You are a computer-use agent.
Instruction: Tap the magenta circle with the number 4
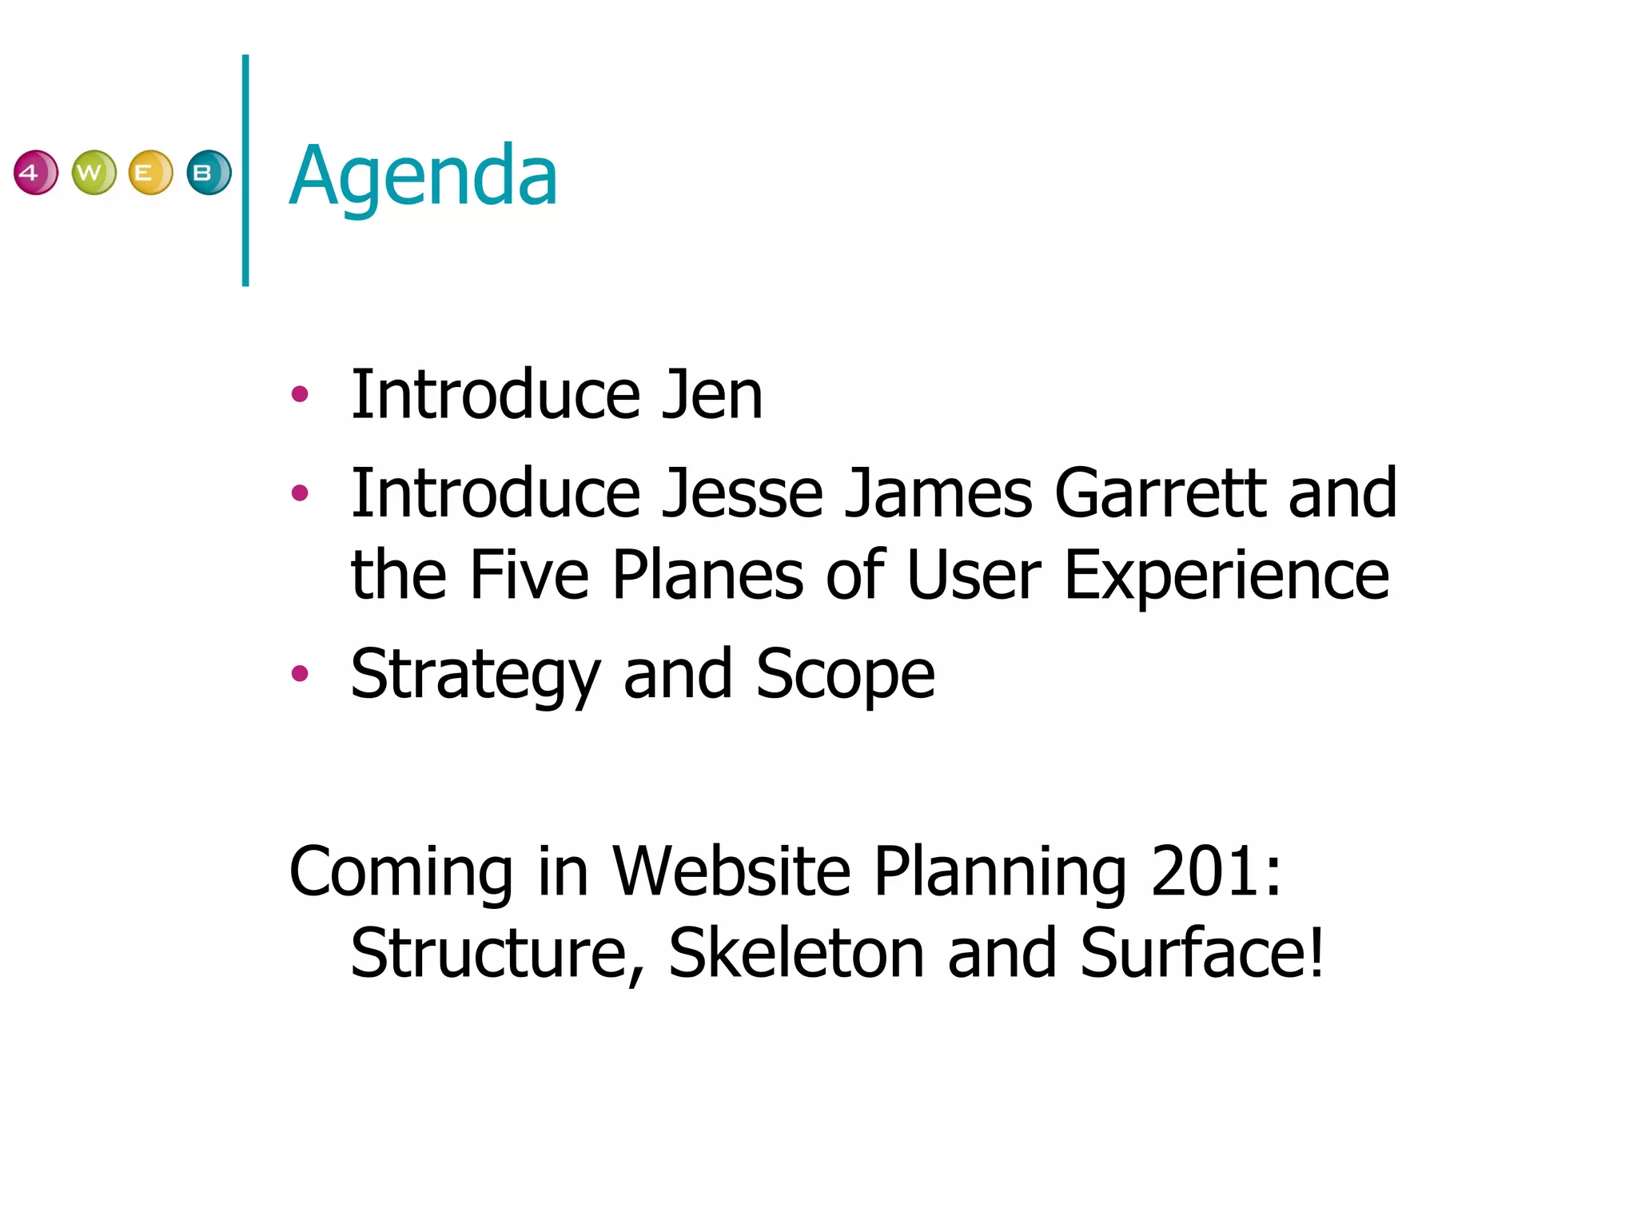pyautogui.click(x=36, y=173)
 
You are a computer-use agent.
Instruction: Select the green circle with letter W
pyautogui.click(x=94, y=173)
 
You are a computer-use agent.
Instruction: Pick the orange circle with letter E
pyautogui.click(x=150, y=173)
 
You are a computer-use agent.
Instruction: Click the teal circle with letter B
pyautogui.click(x=209, y=173)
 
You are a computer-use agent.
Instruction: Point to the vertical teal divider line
pyautogui.click(x=245, y=170)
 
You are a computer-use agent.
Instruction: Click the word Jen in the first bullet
pyautogui.click(x=711, y=395)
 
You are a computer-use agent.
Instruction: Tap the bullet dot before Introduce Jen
pyautogui.click(x=300, y=393)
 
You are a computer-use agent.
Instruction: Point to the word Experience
pyautogui.click(x=1226, y=576)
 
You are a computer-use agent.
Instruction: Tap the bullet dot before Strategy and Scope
pyautogui.click(x=300, y=673)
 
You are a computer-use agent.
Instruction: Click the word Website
pyautogui.click(x=731, y=871)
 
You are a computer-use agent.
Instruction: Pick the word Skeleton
pyautogui.click(x=796, y=953)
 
